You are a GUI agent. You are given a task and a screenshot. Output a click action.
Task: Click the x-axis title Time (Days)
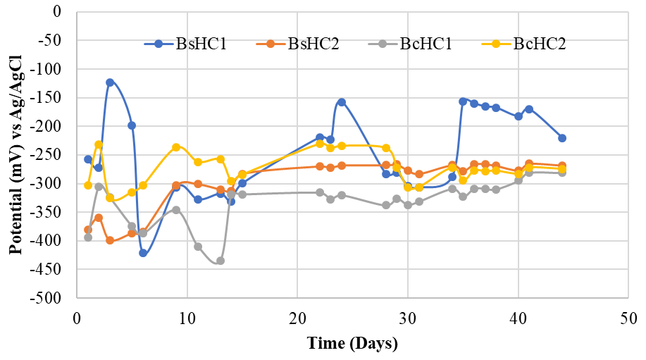(x=352, y=344)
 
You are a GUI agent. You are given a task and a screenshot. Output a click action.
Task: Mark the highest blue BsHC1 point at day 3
(x=110, y=82)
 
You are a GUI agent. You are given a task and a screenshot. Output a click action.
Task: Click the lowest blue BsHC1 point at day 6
(x=143, y=253)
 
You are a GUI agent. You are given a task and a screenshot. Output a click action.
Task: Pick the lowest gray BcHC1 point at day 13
(x=220, y=261)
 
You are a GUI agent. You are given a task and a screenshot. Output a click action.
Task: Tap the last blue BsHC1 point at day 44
(x=562, y=138)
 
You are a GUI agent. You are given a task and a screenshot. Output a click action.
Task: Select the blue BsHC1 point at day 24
(x=342, y=102)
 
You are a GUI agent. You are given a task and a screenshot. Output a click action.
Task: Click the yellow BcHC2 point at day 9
(x=176, y=147)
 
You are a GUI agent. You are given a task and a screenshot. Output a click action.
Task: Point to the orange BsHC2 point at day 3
(x=110, y=240)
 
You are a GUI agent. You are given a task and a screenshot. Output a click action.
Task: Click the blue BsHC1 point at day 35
(x=463, y=101)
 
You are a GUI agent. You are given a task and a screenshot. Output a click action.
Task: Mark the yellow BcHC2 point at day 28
(x=386, y=148)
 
